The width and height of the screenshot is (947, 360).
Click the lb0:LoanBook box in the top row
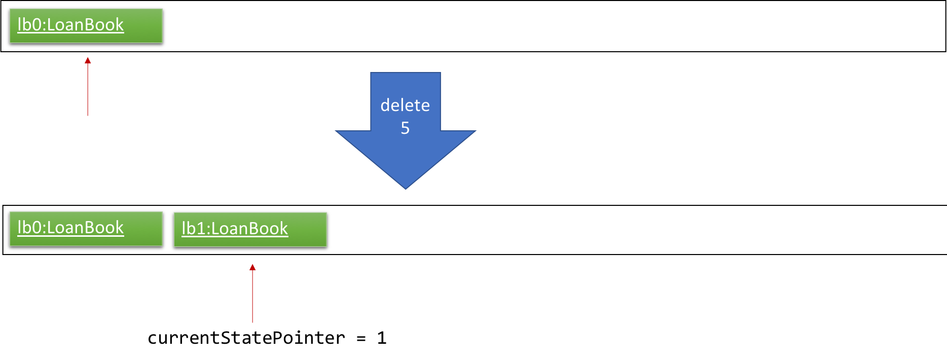pos(86,26)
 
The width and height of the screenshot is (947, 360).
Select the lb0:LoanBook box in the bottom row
pos(86,229)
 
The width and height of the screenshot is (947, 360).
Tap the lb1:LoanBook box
pos(250,230)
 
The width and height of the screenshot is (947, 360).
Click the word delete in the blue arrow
pos(405,105)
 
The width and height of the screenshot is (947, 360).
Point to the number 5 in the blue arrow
pos(405,128)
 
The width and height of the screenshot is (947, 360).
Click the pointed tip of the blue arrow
pos(406,189)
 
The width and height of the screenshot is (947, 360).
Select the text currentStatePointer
pos(246,338)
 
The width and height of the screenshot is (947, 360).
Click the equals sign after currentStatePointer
pos(361,339)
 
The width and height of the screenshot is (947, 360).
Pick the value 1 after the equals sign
pos(382,338)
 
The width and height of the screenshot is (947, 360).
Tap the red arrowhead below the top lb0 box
pos(88,60)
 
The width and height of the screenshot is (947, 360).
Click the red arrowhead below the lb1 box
pos(252,267)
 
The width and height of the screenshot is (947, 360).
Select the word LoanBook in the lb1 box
pos(249,228)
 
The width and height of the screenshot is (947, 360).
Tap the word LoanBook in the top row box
pos(85,24)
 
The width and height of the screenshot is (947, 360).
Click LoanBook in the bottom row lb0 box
pos(85,227)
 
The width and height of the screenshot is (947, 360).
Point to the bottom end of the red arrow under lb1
pos(252,322)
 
